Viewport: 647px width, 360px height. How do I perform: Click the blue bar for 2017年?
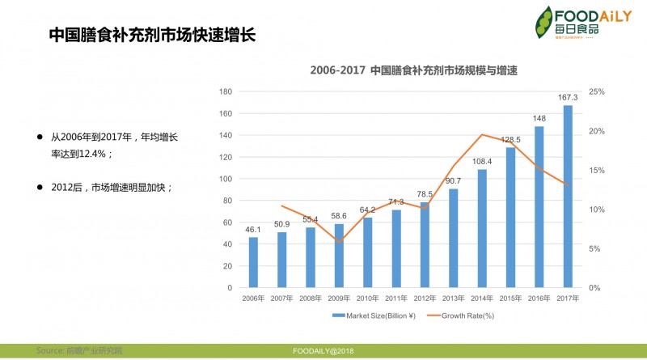[568, 197]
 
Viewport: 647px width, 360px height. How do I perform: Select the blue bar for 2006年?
[253, 262]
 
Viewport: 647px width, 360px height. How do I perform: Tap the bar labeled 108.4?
[482, 228]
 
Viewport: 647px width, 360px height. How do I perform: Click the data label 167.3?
[568, 98]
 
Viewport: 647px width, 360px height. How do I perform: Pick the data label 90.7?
[453, 180]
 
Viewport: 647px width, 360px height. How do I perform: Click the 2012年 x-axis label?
[425, 299]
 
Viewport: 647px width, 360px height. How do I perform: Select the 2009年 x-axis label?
[339, 299]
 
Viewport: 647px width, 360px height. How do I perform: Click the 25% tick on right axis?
[597, 91]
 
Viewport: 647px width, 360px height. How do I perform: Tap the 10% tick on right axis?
[597, 210]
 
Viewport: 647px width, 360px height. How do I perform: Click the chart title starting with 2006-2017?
[413, 70]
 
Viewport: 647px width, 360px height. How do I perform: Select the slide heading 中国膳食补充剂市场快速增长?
[152, 36]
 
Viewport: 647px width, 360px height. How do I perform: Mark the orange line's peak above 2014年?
[482, 134]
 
